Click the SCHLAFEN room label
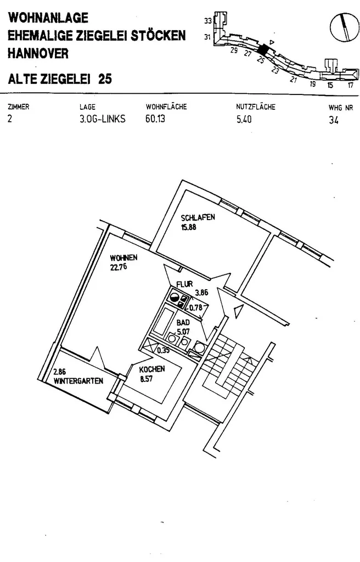click(x=198, y=217)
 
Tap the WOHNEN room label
click(x=123, y=258)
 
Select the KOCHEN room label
click(x=151, y=370)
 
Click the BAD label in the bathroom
click(x=183, y=323)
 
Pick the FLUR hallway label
click(x=184, y=284)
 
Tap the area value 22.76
click(x=118, y=267)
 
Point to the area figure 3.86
click(x=201, y=293)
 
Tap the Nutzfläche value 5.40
click(x=244, y=120)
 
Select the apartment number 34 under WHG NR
click(x=333, y=121)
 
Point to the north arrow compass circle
click(x=344, y=26)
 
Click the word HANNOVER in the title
click(x=38, y=54)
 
